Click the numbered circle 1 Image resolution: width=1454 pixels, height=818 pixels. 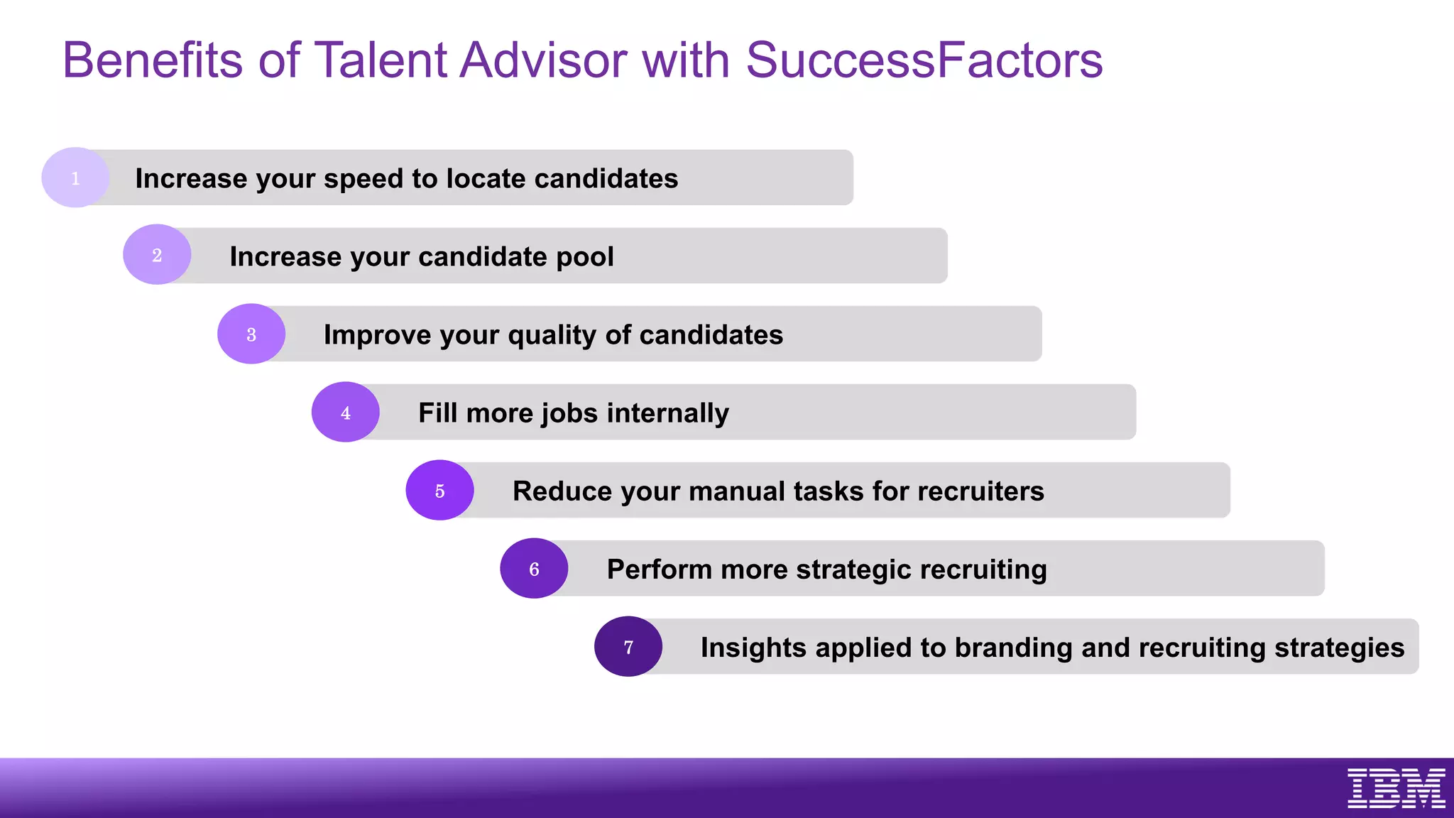pyautogui.click(x=75, y=178)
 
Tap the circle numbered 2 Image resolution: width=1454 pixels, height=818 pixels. pyautogui.click(x=157, y=255)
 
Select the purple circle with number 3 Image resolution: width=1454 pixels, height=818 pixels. pyautogui.click(x=251, y=334)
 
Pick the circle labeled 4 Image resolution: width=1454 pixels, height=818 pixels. pyautogui.click(x=346, y=412)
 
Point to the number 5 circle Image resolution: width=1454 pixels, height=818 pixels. pyautogui.click(x=439, y=490)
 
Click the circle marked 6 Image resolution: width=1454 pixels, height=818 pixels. pyautogui.click(x=534, y=568)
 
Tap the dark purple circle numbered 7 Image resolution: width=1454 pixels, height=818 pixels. pyautogui.click(x=628, y=646)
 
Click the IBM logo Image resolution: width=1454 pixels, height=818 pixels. pyautogui.click(x=1396, y=787)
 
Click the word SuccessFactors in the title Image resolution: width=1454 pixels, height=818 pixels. pyautogui.click(x=924, y=60)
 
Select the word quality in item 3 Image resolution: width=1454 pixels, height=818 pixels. pyautogui.click(x=552, y=335)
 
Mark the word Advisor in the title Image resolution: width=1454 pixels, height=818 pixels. pyautogui.click(x=543, y=60)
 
